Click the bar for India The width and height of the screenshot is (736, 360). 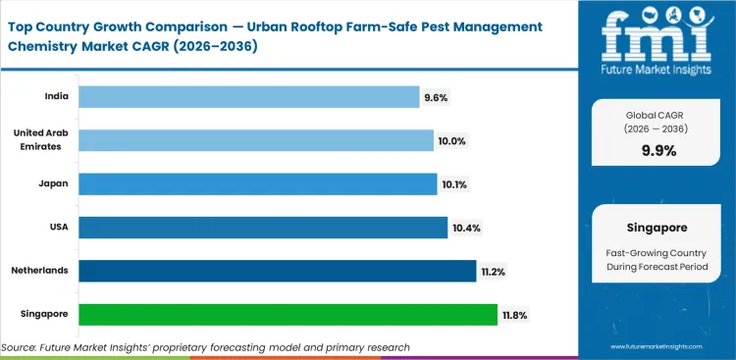248,97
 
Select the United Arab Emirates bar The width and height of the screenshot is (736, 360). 255,140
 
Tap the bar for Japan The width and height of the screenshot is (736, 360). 257,183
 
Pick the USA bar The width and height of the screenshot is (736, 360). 262,228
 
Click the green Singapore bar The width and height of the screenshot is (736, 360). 288,315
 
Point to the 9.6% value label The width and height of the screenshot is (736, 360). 437,97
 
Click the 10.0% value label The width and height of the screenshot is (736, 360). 451,140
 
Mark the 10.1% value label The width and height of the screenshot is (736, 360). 454,183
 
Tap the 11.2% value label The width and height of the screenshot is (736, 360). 494,271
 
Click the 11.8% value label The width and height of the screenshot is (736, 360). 515,315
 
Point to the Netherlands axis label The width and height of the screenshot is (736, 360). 41,271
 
